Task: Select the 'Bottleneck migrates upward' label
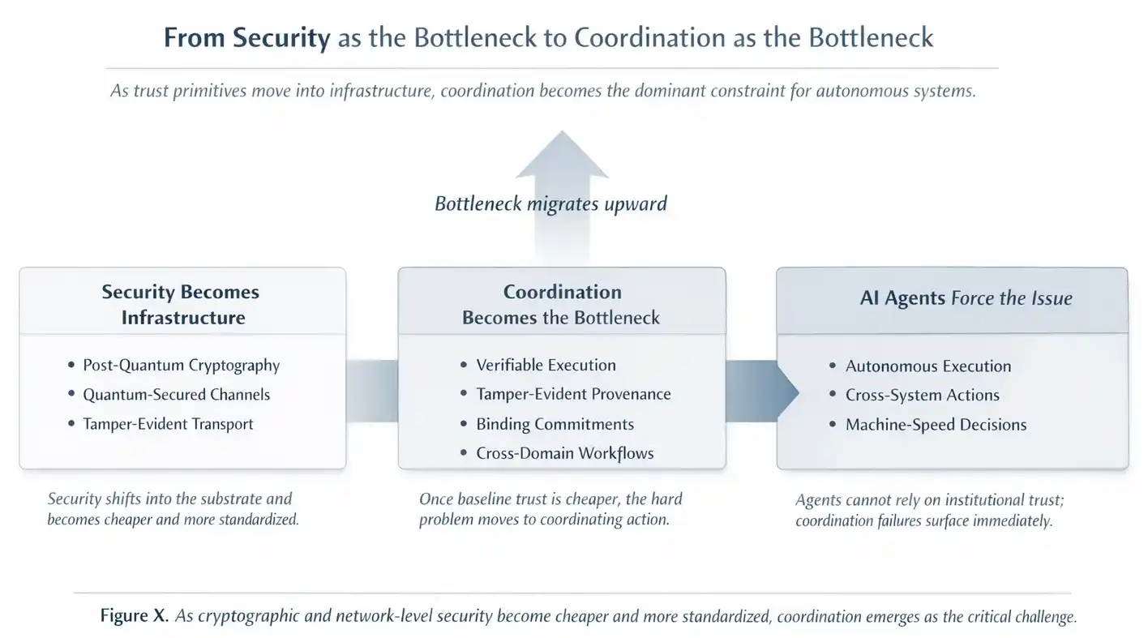click(x=550, y=203)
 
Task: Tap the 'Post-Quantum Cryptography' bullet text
click(x=181, y=365)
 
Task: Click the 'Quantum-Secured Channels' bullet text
click(x=176, y=395)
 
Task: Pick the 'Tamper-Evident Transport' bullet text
click(x=168, y=424)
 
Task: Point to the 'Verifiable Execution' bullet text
click(x=546, y=365)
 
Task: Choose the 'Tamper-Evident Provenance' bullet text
click(x=573, y=394)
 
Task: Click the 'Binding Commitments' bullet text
click(x=555, y=424)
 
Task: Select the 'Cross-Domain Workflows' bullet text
click(x=564, y=453)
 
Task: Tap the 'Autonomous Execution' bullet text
click(x=927, y=366)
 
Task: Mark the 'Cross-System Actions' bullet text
click(x=922, y=395)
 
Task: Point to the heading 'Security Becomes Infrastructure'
click(x=181, y=304)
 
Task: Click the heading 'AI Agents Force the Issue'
click(x=966, y=298)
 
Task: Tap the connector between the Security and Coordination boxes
click(x=371, y=392)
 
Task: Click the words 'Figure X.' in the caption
click(x=135, y=616)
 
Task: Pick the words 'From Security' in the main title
click(x=246, y=37)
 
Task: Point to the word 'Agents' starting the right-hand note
click(x=820, y=501)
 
